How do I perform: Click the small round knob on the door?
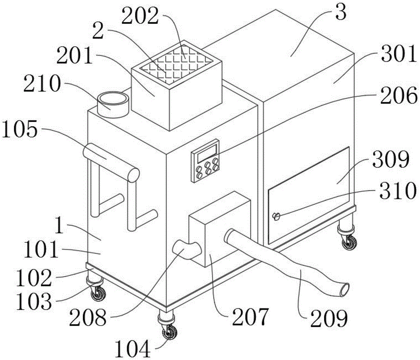point(276,217)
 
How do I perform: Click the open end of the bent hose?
point(344,289)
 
